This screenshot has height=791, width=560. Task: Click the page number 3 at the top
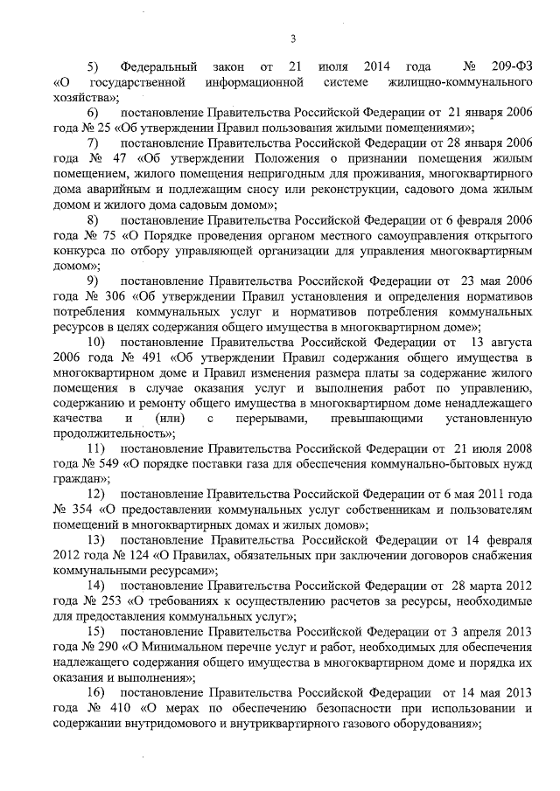click(294, 37)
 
